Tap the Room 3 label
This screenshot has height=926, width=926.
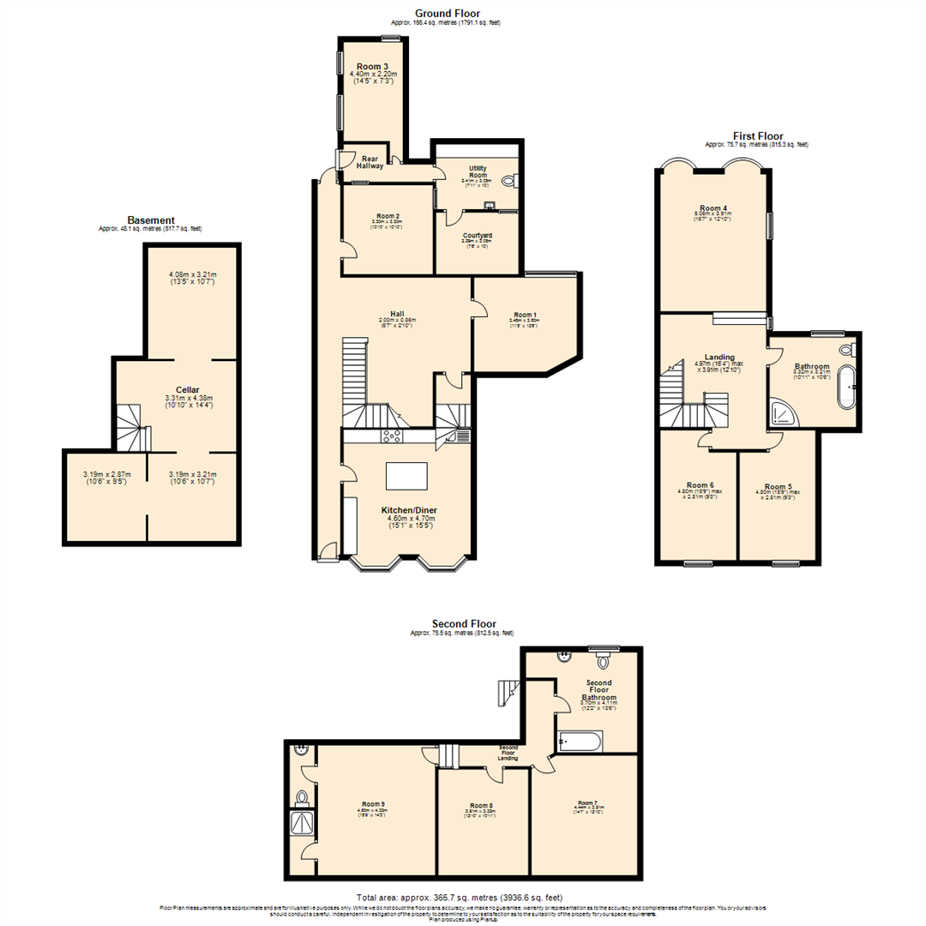373,67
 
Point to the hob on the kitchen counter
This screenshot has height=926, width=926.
393,436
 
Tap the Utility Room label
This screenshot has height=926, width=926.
478,171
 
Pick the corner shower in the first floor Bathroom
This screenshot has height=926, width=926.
783,414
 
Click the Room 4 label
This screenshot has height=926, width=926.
713,207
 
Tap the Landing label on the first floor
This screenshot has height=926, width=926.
719,357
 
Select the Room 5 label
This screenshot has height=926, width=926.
779,486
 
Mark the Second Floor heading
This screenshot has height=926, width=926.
463,624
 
